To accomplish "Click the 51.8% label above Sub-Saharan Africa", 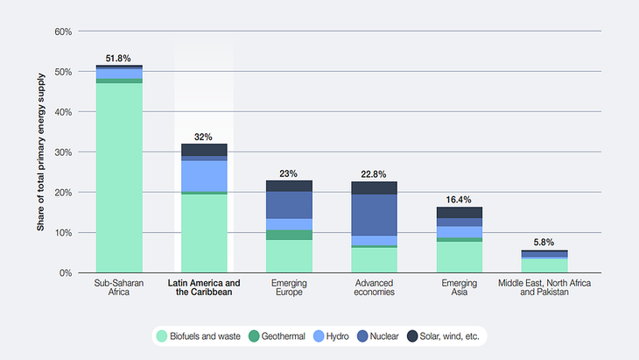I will coord(119,59).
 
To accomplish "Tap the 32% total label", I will coord(204,137).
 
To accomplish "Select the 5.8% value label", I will coord(544,242).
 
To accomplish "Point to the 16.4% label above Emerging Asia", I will coord(460,200).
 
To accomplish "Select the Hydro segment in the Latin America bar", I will coord(204,175).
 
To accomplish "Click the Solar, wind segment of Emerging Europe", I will coord(289,186).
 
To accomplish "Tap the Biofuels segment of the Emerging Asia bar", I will coord(460,257).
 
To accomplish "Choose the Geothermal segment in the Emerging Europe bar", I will coord(289,235).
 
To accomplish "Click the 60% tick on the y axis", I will coord(62,32).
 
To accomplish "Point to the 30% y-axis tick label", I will coord(62,152).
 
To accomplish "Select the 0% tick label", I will coord(66,273).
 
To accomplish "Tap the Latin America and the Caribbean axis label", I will coord(204,288).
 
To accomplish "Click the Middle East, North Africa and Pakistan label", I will coord(544,288).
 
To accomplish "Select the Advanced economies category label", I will coord(375,288).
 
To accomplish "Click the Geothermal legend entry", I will coord(278,335).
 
